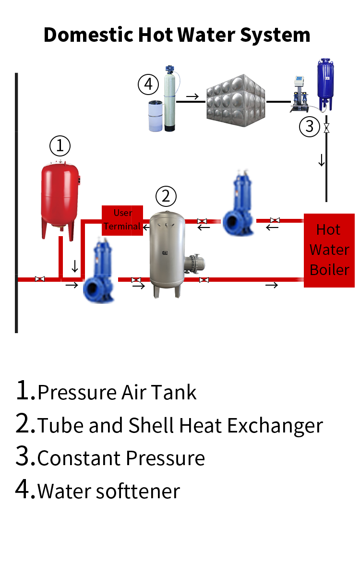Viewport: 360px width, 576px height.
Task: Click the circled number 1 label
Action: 60,146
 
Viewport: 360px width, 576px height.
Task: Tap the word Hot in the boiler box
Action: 328,229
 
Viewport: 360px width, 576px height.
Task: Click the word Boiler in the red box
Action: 329,270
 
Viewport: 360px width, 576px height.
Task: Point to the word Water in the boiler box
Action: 329,250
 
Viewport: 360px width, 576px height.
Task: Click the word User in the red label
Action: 123,213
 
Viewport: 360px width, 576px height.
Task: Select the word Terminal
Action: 122,226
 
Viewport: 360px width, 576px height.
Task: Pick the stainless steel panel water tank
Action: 236,100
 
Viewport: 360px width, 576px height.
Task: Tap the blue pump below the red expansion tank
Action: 99,276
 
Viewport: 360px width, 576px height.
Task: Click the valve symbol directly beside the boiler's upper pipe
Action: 275,220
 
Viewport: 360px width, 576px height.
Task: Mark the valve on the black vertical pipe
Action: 327,128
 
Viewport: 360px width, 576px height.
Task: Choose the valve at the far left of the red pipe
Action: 40,279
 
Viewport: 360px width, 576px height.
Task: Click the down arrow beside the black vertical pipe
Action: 321,160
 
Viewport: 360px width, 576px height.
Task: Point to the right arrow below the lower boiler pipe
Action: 272,286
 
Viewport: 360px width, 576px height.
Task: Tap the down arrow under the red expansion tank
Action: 75,266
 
